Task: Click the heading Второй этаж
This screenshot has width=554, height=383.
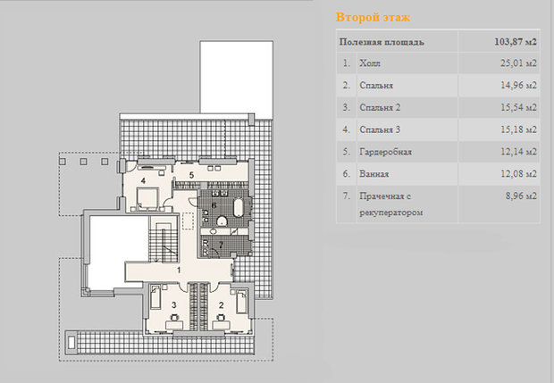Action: coord(373,17)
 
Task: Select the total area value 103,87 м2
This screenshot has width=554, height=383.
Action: coord(516,42)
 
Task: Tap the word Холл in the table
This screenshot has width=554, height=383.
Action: coord(370,63)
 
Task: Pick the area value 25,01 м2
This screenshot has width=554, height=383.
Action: coord(518,63)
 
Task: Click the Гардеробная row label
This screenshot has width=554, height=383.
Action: coord(385,152)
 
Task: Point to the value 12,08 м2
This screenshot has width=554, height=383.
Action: coord(518,174)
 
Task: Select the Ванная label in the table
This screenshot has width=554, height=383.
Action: coord(374,174)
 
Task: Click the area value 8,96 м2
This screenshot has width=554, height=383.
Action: coord(521,196)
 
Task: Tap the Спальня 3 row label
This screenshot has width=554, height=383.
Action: coord(380,130)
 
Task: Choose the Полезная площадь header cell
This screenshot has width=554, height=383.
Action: coord(382,42)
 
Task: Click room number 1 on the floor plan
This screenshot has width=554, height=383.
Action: coord(179,271)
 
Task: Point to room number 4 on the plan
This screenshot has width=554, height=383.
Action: coord(143,181)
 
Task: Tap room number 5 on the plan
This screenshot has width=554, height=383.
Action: coord(191,175)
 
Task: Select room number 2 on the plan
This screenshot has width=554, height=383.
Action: coord(222,305)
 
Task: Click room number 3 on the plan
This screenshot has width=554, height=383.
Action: coord(174,304)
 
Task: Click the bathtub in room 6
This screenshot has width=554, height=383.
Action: coord(239,208)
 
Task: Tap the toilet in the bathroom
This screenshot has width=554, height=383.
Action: coord(222,221)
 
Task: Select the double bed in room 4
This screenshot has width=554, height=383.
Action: coord(147,197)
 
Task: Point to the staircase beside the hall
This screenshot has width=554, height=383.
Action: coord(163,239)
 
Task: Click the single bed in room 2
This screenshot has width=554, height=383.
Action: coord(241,302)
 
